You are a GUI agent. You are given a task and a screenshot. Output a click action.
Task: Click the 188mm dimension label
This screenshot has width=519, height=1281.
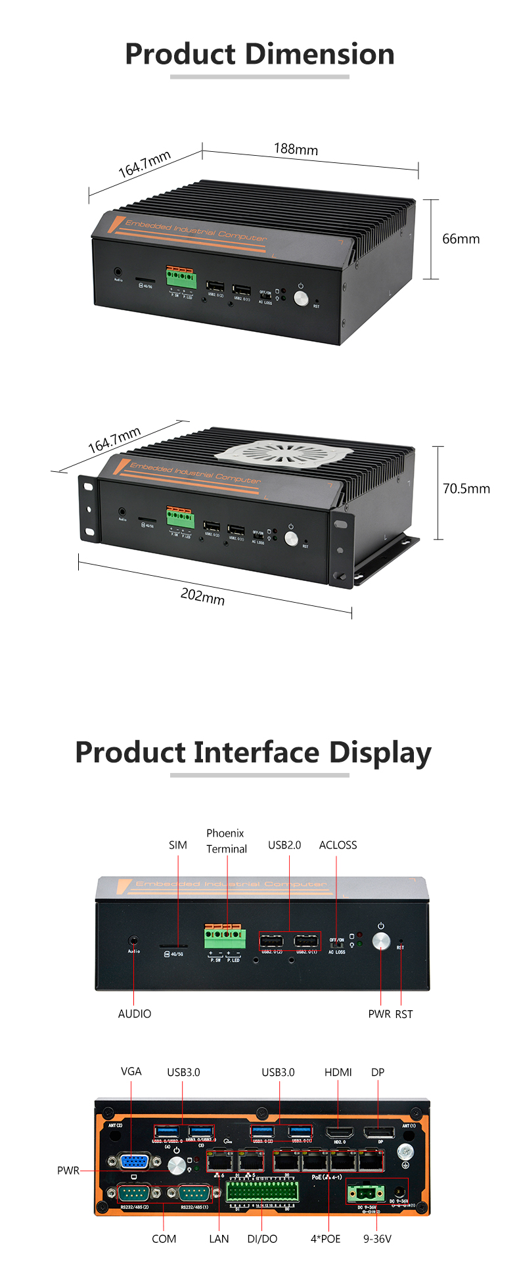tap(296, 149)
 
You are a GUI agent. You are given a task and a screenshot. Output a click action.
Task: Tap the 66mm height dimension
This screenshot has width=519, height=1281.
tap(461, 239)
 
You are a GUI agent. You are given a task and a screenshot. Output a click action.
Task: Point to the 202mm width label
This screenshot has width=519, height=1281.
tap(202, 596)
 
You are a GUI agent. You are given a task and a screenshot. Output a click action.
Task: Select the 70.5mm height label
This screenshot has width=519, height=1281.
tap(466, 488)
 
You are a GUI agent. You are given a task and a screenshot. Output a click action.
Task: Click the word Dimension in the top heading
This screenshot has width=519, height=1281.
tap(318, 54)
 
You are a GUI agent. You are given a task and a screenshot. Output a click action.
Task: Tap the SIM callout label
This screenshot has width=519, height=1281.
tap(178, 845)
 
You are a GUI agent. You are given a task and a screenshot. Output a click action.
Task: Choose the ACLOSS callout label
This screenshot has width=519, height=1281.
tap(338, 845)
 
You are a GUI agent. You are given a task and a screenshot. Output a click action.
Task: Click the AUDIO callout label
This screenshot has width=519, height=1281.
tap(135, 1014)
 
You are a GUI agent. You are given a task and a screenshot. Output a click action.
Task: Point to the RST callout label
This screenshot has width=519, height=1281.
tap(404, 1014)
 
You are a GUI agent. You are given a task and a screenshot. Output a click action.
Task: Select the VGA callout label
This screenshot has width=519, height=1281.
tap(131, 1071)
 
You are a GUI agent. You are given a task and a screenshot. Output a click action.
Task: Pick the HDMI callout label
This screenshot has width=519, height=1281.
tap(338, 1072)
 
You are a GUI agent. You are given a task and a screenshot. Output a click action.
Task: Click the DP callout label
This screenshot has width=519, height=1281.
tap(378, 1072)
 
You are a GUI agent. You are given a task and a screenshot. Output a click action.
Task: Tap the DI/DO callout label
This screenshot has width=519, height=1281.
tap(262, 1239)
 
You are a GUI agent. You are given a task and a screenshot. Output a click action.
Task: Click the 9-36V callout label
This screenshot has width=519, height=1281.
tap(377, 1239)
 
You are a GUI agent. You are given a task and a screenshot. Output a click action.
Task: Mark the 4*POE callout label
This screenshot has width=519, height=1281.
tap(326, 1239)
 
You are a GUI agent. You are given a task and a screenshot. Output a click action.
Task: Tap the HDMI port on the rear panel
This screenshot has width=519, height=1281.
tap(340, 1132)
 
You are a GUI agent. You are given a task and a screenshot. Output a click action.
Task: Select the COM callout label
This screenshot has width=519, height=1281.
tap(164, 1239)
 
